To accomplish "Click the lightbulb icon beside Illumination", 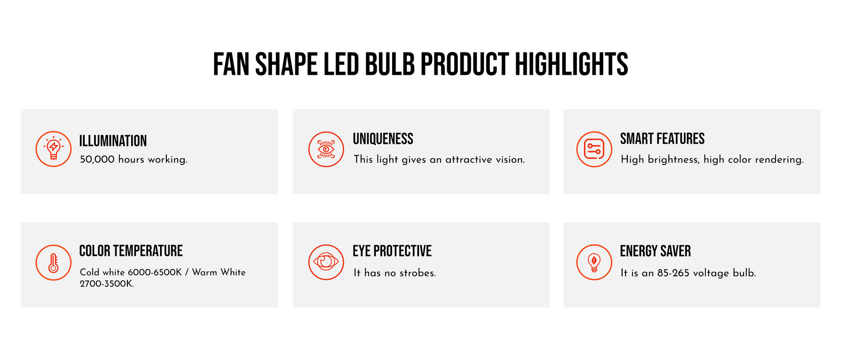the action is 53,149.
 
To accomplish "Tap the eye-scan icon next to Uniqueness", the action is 326,149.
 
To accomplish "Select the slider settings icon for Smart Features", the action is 594,149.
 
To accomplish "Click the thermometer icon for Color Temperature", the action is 53,262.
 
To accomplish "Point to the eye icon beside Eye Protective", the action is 326,262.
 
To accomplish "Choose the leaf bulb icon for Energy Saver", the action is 594,262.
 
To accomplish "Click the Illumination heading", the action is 113,141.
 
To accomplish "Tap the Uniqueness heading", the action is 383,138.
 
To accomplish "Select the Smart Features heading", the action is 662,138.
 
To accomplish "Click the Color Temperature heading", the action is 131,251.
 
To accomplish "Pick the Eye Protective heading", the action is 392,251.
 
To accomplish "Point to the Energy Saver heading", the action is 655,251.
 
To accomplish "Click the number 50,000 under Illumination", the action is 97,159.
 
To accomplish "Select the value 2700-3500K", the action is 107,284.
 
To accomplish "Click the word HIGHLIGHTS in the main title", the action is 572,64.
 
